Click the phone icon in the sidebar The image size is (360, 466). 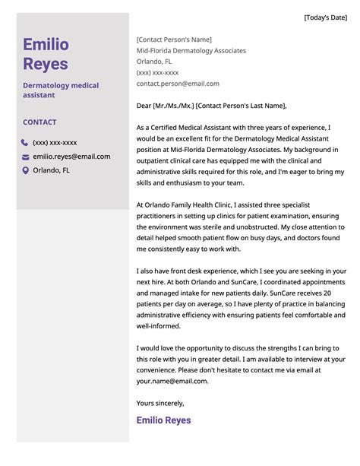coord(25,142)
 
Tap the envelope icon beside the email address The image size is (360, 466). coord(25,157)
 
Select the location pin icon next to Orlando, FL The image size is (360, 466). coord(25,170)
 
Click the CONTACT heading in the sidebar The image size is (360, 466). coord(39,122)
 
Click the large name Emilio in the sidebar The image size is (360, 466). coord(46,45)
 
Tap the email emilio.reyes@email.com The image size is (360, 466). coord(71,157)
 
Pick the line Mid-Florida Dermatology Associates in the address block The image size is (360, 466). coord(191,51)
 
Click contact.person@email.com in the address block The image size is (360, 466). coord(178,84)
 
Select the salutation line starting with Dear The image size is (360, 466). coord(212,106)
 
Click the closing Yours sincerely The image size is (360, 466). coord(160,403)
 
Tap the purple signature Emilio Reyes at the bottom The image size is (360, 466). coord(163,420)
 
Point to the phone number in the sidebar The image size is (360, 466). coord(55,142)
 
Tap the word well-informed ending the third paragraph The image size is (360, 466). coord(159,326)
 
